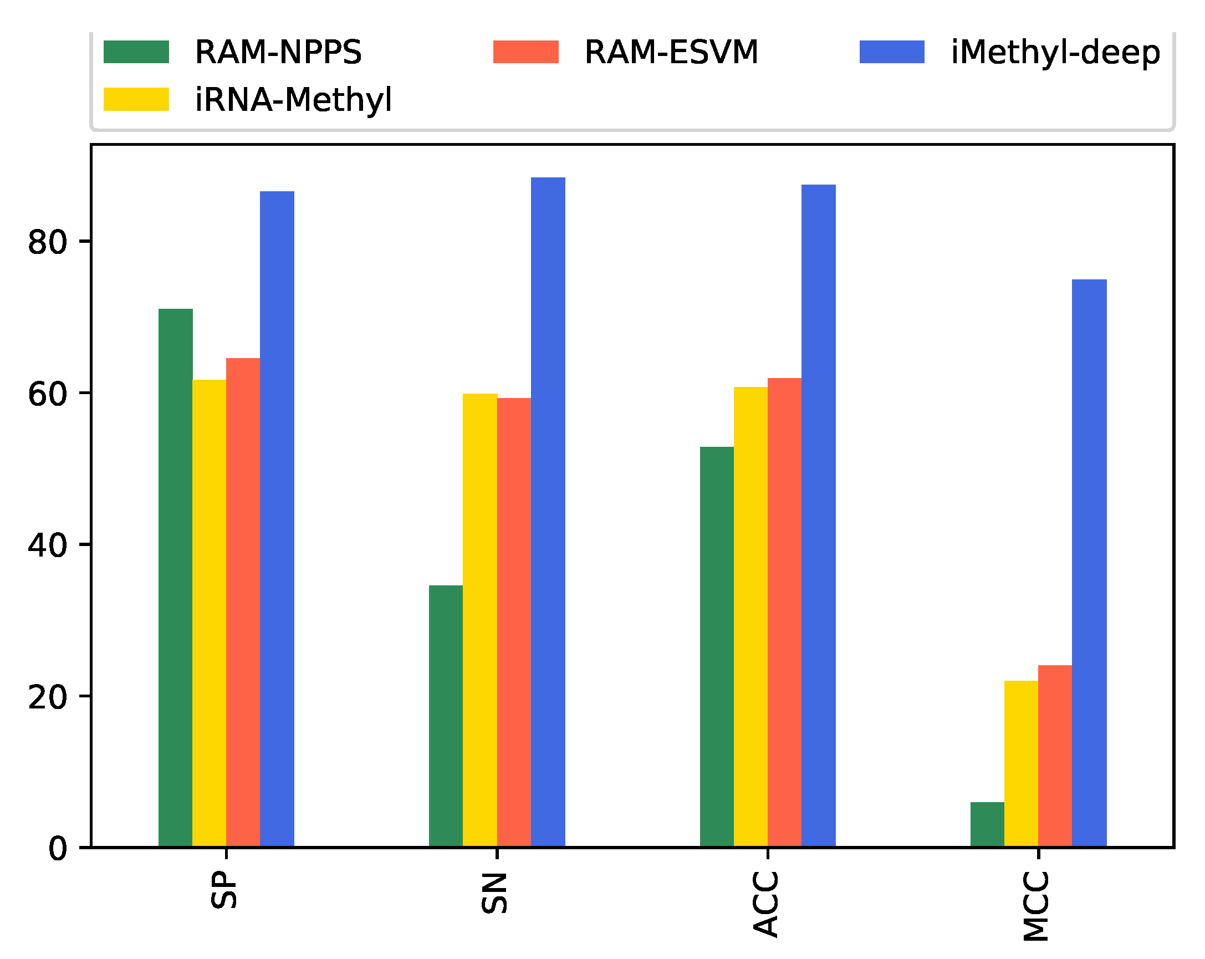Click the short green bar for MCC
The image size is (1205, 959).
coord(987,824)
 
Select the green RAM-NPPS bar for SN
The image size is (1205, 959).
coord(446,716)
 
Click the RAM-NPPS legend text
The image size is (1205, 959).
coord(278,53)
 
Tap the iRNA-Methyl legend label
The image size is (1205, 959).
coord(293,100)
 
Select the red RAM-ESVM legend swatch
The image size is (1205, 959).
coord(525,52)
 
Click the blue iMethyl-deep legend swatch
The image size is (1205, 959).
coord(891,52)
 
